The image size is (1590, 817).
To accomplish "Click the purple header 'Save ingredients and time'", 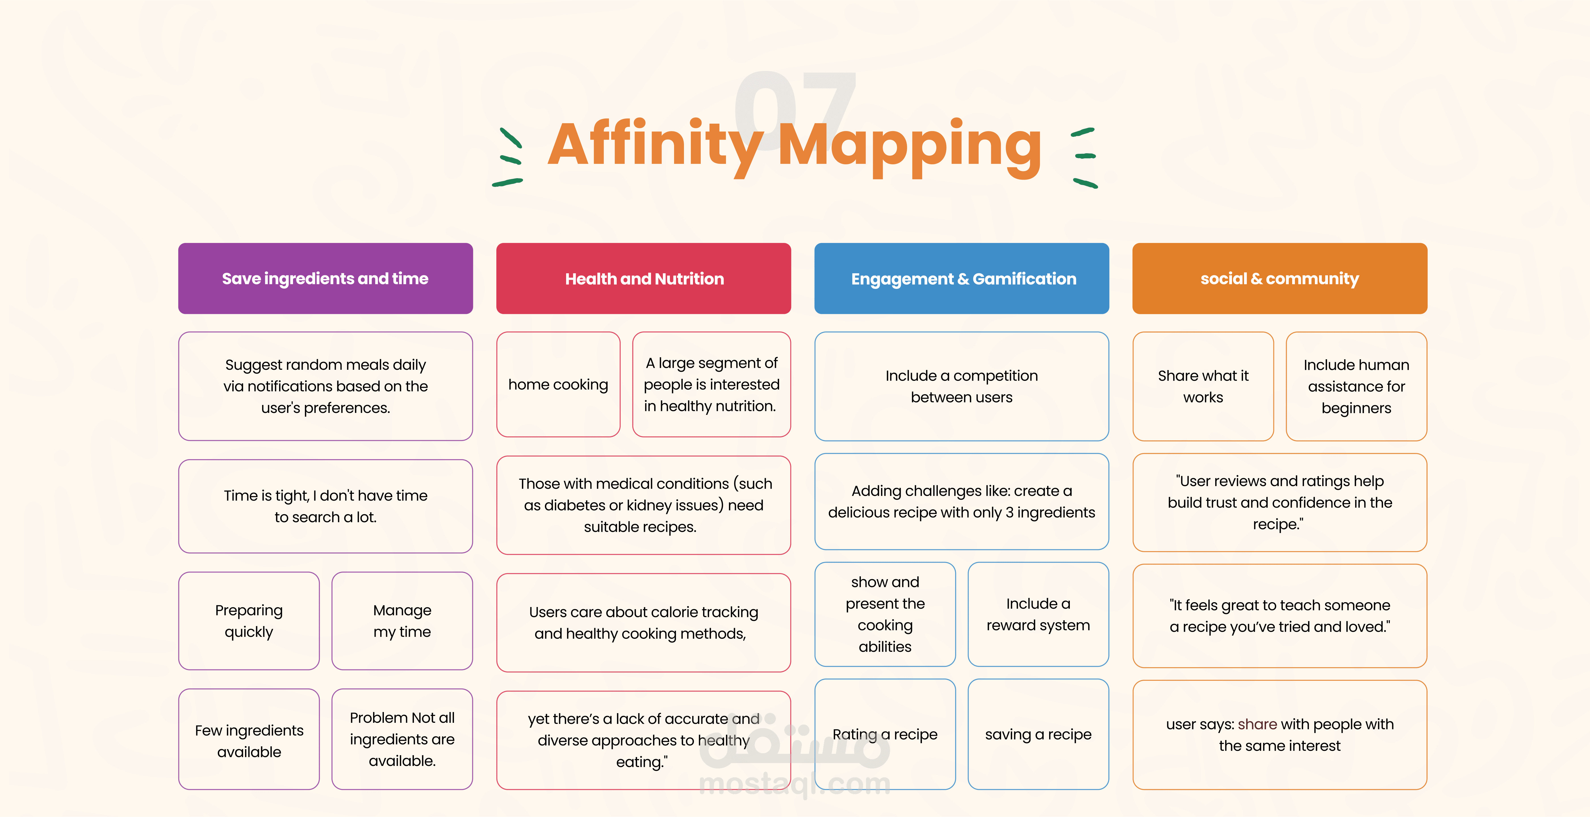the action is pos(325,278).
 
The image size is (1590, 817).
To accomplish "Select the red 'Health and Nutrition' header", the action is pos(644,278).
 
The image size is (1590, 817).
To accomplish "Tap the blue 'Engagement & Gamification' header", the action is pos(962,278).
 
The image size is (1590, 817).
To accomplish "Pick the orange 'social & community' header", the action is pos(1280,278).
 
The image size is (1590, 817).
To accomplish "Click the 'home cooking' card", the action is pos(558,385).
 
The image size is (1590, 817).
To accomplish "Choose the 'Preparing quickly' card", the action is pos(249,621).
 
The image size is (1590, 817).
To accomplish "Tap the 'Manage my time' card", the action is pos(402,621).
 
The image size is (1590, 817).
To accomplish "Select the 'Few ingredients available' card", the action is pos(249,739).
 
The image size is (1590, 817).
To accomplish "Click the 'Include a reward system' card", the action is pos(1038,614).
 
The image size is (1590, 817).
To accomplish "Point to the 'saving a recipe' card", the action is pos(1038,734).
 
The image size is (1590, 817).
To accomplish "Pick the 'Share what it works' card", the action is pos(1203,386).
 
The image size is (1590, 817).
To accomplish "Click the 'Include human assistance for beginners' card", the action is pos(1356,386).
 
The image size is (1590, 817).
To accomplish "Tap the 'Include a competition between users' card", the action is pos(962,386).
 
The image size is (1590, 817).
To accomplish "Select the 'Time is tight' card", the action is pos(325,506).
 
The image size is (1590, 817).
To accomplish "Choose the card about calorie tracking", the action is pos(644,623).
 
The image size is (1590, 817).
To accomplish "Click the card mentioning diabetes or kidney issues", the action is pos(644,505).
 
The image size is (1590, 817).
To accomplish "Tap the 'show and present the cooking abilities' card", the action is pos(885,614).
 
